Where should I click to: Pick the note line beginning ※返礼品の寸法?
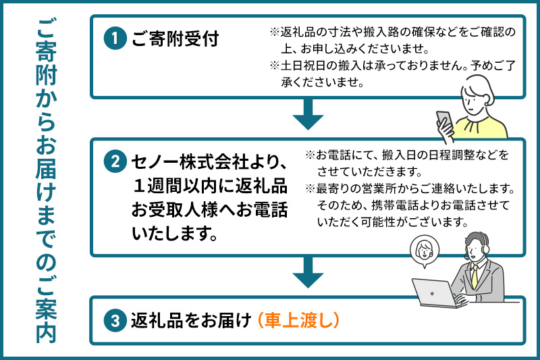[394, 32]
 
